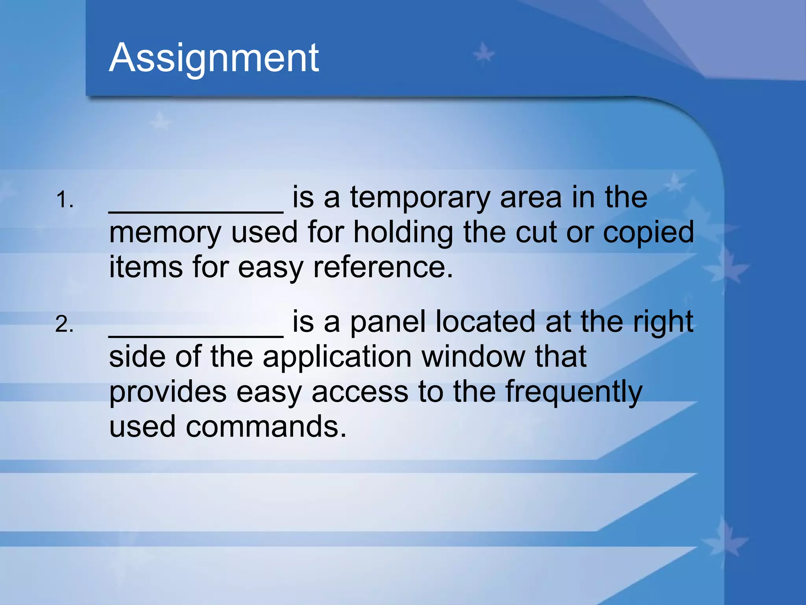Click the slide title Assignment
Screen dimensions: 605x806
coord(214,58)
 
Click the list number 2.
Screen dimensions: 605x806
coord(64,325)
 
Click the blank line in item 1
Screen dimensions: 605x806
coord(196,211)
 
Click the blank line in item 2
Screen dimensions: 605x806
coord(196,336)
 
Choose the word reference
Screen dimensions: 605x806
coord(383,267)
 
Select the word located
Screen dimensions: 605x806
coord(485,322)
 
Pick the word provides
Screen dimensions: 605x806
coord(168,392)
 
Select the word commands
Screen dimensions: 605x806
coord(266,427)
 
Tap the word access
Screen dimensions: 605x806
coord(360,392)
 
